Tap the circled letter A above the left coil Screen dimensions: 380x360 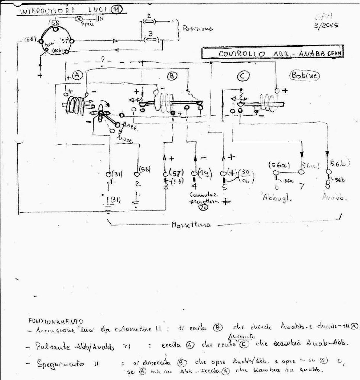tap(77, 75)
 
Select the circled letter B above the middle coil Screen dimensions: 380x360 tap(172, 75)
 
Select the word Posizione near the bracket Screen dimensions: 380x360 tap(197, 29)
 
